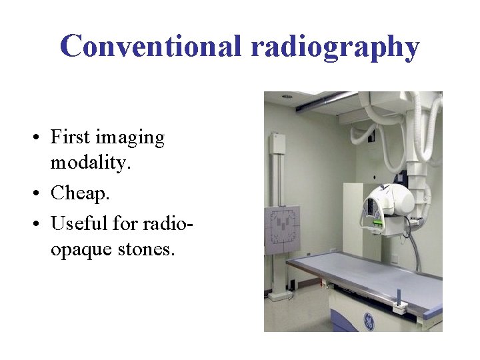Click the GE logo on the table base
coord(369,322)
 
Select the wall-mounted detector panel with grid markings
coord(283,230)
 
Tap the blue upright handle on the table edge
coord(398,296)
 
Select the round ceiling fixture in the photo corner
coord(287,96)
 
